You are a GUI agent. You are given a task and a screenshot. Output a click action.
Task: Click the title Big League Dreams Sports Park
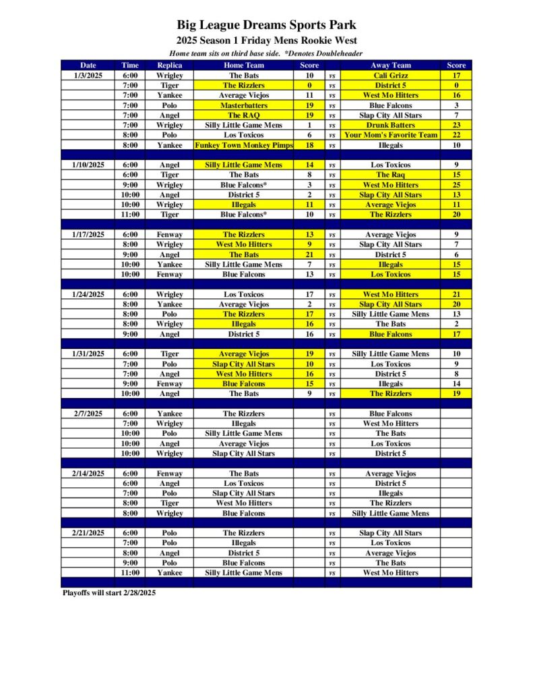click(266, 26)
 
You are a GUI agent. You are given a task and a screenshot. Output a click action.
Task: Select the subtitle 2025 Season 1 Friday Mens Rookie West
click(266, 40)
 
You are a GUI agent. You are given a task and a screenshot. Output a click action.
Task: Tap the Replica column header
click(169, 65)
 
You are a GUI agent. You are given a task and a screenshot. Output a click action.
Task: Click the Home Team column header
click(244, 65)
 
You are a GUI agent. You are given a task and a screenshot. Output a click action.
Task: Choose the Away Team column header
click(391, 65)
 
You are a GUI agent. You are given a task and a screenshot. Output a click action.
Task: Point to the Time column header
click(130, 65)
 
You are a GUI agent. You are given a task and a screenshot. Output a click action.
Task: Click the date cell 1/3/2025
click(88, 76)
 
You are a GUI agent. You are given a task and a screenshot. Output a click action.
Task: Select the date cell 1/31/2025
click(88, 354)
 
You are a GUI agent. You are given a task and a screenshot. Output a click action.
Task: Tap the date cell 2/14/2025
click(88, 473)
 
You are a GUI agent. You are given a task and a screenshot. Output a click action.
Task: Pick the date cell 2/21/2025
click(88, 533)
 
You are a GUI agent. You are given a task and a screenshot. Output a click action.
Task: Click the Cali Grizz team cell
click(391, 76)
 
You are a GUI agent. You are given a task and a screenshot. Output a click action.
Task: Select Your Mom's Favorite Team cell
click(391, 135)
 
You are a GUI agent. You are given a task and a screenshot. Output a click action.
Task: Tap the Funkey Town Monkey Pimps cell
click(244, 145)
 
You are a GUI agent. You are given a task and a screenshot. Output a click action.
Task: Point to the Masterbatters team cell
click(244, 105)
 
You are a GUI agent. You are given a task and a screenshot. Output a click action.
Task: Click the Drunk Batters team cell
click(391, 125)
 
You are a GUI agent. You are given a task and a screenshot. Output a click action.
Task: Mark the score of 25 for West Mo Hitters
click(456, 185)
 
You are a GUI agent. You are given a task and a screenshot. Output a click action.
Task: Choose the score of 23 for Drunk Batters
click(456, 125)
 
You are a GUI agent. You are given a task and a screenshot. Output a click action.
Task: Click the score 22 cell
click(456, 135)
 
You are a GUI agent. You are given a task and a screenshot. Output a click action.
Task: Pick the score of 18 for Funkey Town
click(309, 145)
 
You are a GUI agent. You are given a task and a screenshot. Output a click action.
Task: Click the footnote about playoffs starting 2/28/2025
click(108, 592)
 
